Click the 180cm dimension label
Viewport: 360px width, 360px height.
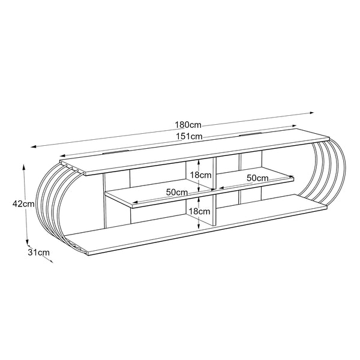tap(188, 125)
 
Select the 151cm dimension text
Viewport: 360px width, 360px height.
tap(190, 136)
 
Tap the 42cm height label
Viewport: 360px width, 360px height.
tap(23, 203)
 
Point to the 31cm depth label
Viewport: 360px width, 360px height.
tap(38, 253)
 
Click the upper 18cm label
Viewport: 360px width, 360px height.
tap(200, 175)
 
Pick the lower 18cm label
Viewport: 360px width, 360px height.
tap(200, 211)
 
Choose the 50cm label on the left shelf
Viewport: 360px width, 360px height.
tap(177, 192)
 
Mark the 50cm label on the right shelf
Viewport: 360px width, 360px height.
tap(257, 178)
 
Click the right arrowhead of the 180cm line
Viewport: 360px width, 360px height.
tap(312, 113)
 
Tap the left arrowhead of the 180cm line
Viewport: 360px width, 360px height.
tap(34, 146)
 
